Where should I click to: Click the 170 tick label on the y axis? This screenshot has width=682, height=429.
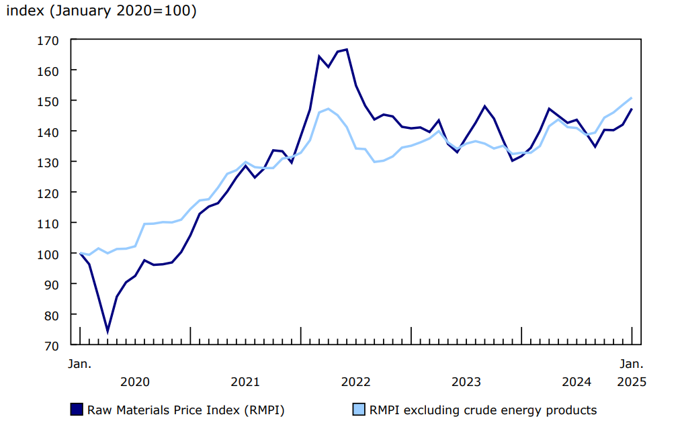pyautogui.click(x=52, y=40)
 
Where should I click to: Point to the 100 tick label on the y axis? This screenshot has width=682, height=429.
pyautogui.click(x=52, y=254)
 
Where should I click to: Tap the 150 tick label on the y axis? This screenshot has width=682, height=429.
pyautogui.click(x=52, y=101)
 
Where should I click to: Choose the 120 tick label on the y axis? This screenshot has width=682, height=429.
pyautogui.click(x=52, y=193)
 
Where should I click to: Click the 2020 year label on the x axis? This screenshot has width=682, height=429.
pyautogui.click(x=135, y=382)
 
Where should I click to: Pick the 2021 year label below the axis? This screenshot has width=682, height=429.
pyautogui.click(x=245, y=382)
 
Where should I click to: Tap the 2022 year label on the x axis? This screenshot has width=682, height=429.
pyautogui.click(x=355, y=382)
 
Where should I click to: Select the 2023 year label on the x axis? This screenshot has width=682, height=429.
pyautogui.click(x=466, y=382)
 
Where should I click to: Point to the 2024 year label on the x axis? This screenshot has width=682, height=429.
pyautogui.click(x=577, y=382)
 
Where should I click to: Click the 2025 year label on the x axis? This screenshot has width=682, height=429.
pyautogui.click(x=632, y=382)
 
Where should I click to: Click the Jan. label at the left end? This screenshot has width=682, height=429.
pyautogui.click(x=80, y=364)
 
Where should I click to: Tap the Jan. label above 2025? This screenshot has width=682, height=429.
pyautogui.click(x=632, y=364)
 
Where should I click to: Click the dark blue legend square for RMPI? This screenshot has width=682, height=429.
pyautogui.click(x=77, y=410)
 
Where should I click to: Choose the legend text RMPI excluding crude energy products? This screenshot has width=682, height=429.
pyautogui.click(x=483, y=410)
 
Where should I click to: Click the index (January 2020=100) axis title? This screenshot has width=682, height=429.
pyautogui.click(x=101, y=11)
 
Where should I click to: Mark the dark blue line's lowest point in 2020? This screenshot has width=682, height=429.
pyautogui.click(x=108, y=331)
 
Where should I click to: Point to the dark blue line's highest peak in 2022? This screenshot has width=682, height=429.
pyautogui.click(x=346, y=50)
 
